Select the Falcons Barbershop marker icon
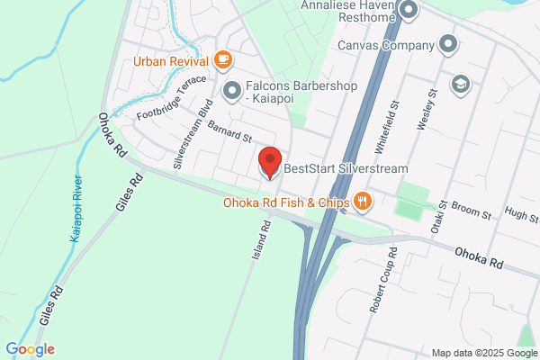232,90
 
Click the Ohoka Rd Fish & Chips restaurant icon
362,202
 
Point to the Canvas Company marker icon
449,44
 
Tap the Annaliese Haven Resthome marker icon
409,12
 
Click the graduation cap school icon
461,84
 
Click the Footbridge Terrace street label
171,100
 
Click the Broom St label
473,215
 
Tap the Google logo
30,349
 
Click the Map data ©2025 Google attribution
482,352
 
